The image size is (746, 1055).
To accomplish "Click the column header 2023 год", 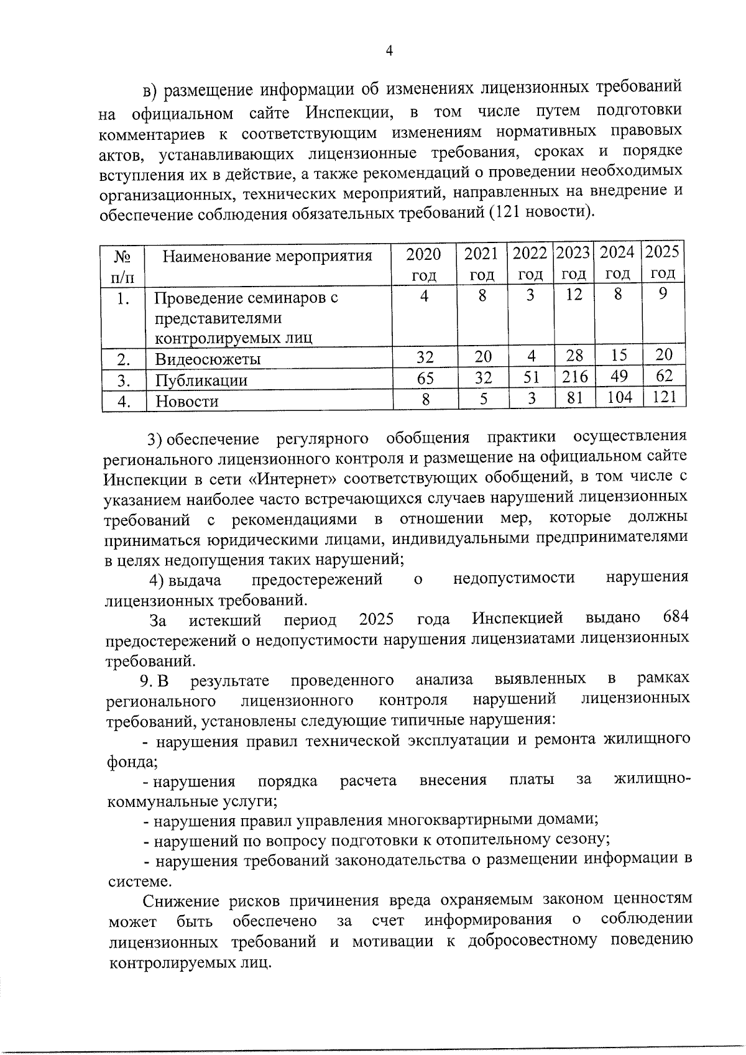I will [x=573, y=263].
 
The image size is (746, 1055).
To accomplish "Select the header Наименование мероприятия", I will [x=267, y=256].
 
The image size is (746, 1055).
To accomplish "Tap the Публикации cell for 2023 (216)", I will [x=573, y=377].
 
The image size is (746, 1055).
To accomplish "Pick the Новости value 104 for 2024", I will [x=619, y=397].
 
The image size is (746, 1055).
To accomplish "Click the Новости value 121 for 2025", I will [x=664, y=397].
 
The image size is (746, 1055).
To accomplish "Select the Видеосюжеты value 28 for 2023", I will [x=574, y=356].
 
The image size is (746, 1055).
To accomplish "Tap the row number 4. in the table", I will [x=124, y=402].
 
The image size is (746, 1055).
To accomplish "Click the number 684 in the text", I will [x=675, y=617].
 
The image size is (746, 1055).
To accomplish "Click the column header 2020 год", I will [x=423, y=264].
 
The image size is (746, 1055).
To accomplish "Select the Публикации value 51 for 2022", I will [x=530, y=377].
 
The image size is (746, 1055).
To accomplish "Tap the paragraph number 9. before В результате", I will [x=147, y=681].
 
